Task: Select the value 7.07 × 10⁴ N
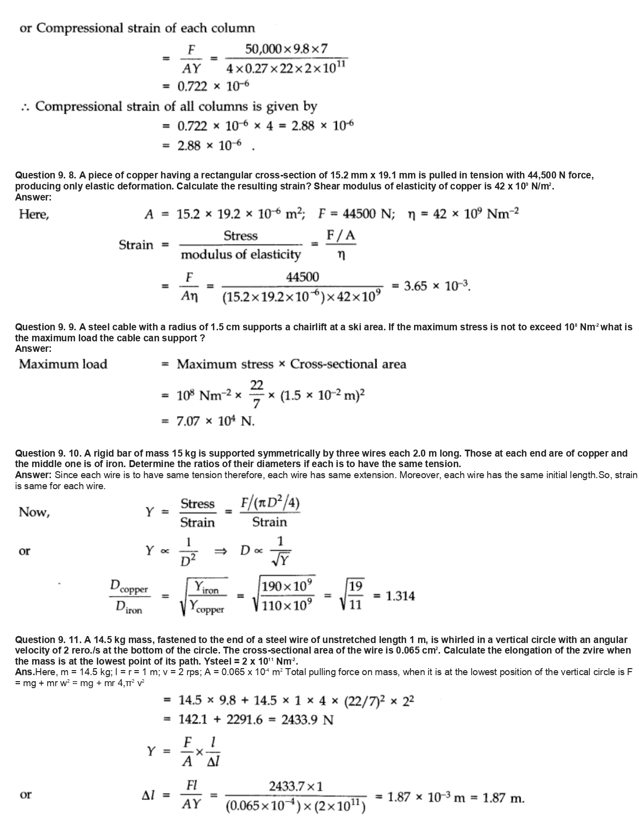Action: (x=216, y=422)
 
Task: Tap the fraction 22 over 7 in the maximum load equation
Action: (x=257, y=394)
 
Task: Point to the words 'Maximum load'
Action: (x=63, y=364)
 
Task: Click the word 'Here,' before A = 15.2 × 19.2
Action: (x=34, y=215)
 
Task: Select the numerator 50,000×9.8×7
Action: (x=286, y=49)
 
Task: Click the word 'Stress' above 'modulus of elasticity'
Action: (x=241, y=236)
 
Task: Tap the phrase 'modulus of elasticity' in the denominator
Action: (x=241, y=255)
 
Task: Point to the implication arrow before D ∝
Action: (x=221, y=551)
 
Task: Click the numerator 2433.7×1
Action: (x=296, y=786)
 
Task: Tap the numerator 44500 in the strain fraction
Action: (x=302, y=277)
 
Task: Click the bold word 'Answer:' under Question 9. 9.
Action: (x=34, y=349)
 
